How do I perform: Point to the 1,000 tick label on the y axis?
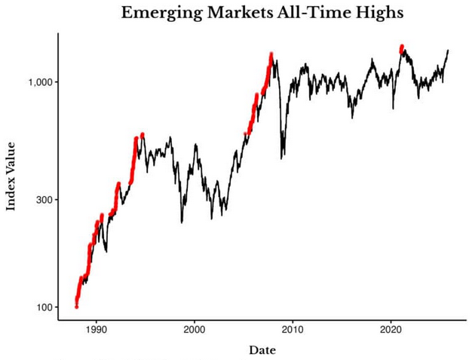pos(35,82)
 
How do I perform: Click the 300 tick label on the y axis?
pos(41,200)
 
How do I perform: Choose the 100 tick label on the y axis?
pos(41,308)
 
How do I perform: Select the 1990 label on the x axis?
pos(97,330)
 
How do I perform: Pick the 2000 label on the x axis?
pos(195,330)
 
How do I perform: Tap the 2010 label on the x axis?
pos(293,330)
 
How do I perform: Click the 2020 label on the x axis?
pos(391,330)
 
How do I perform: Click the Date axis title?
pos(262,350)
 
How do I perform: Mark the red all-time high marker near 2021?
pos(402,48)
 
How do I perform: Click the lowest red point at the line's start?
pos(76,306)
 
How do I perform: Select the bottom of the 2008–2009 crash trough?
pos(282,158)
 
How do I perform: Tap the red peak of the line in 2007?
pos(271,54)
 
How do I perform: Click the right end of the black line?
pos(448,51)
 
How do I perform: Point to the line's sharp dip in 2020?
pos(393,109)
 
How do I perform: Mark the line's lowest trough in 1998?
pos(182,222)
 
